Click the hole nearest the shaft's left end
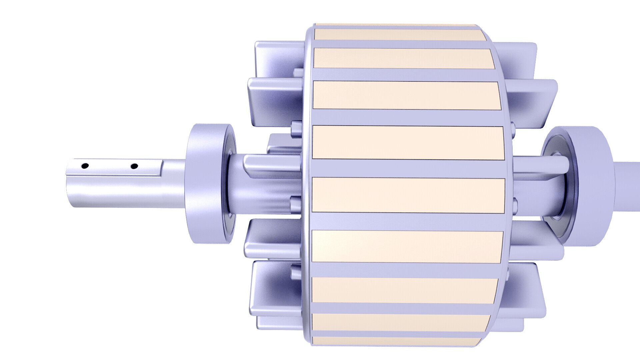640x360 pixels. pyautogui.click(x=85, y=165)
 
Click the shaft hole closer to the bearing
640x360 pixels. pyautogui.click(x=134, y=166)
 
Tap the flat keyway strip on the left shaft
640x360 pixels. pyautogui.click(x=113, y=169)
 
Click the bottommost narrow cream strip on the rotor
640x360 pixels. pyautogui.click(x=397, y=341)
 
